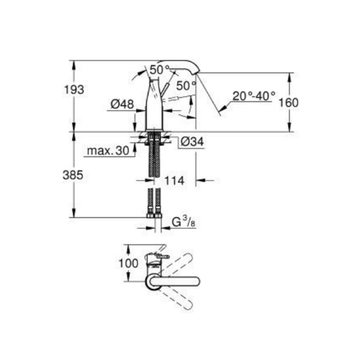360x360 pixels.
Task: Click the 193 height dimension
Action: click(74, 90)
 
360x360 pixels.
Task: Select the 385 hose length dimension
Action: click(73, 175)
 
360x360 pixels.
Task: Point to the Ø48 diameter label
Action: click(122, 104)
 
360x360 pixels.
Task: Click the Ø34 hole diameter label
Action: click(192, 141)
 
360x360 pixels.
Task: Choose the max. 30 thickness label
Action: click(108, 151)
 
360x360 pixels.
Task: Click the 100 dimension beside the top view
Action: click(129, 263)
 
